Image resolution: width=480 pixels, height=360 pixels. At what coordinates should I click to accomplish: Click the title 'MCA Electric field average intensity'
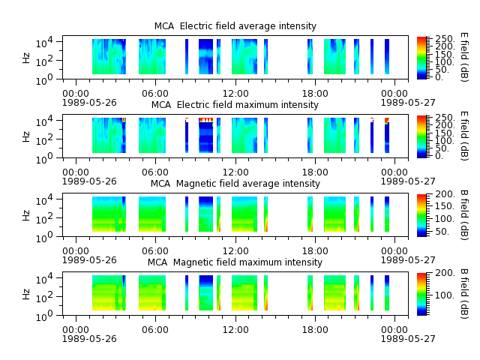click(235, 26)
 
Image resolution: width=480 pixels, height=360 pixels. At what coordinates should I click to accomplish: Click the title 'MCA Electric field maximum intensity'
click(235, 105)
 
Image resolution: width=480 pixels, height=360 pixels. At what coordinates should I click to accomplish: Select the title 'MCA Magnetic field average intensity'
click(235, 184)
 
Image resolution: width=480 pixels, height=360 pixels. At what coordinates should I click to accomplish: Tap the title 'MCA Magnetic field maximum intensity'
click(235, 262)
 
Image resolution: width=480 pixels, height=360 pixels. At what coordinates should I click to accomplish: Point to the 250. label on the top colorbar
click(445, 39)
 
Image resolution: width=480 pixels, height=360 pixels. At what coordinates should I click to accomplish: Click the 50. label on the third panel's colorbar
click(442, 232)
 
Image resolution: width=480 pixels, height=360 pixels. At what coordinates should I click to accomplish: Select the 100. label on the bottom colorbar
click(445, 295)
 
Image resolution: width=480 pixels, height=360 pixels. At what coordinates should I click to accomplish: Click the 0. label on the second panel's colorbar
click(439, 156)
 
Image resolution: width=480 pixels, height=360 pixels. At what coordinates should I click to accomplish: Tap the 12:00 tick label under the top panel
click(235, 93)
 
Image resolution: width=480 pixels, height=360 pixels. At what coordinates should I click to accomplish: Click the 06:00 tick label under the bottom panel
click(155, 330)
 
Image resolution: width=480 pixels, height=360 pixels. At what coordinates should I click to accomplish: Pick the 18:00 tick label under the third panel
click(315, 251)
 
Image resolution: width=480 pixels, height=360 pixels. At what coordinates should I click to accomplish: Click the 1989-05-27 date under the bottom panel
click(408, 338)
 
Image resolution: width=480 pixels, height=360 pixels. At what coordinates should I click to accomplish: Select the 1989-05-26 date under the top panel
click(89, 102)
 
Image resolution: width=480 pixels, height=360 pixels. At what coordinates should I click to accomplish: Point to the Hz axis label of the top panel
click(26, 58)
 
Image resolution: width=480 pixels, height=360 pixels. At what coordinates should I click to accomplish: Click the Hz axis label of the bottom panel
click(26, 294)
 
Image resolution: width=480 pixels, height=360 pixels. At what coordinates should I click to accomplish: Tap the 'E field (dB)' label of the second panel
click(464, 136)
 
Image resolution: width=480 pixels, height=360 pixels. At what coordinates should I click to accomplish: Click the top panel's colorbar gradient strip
click(421, 58)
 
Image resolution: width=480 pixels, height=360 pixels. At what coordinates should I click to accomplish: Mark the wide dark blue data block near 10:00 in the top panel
click(205, 57)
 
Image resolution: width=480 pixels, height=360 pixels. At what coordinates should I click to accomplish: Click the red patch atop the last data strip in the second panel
click(387, 119)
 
